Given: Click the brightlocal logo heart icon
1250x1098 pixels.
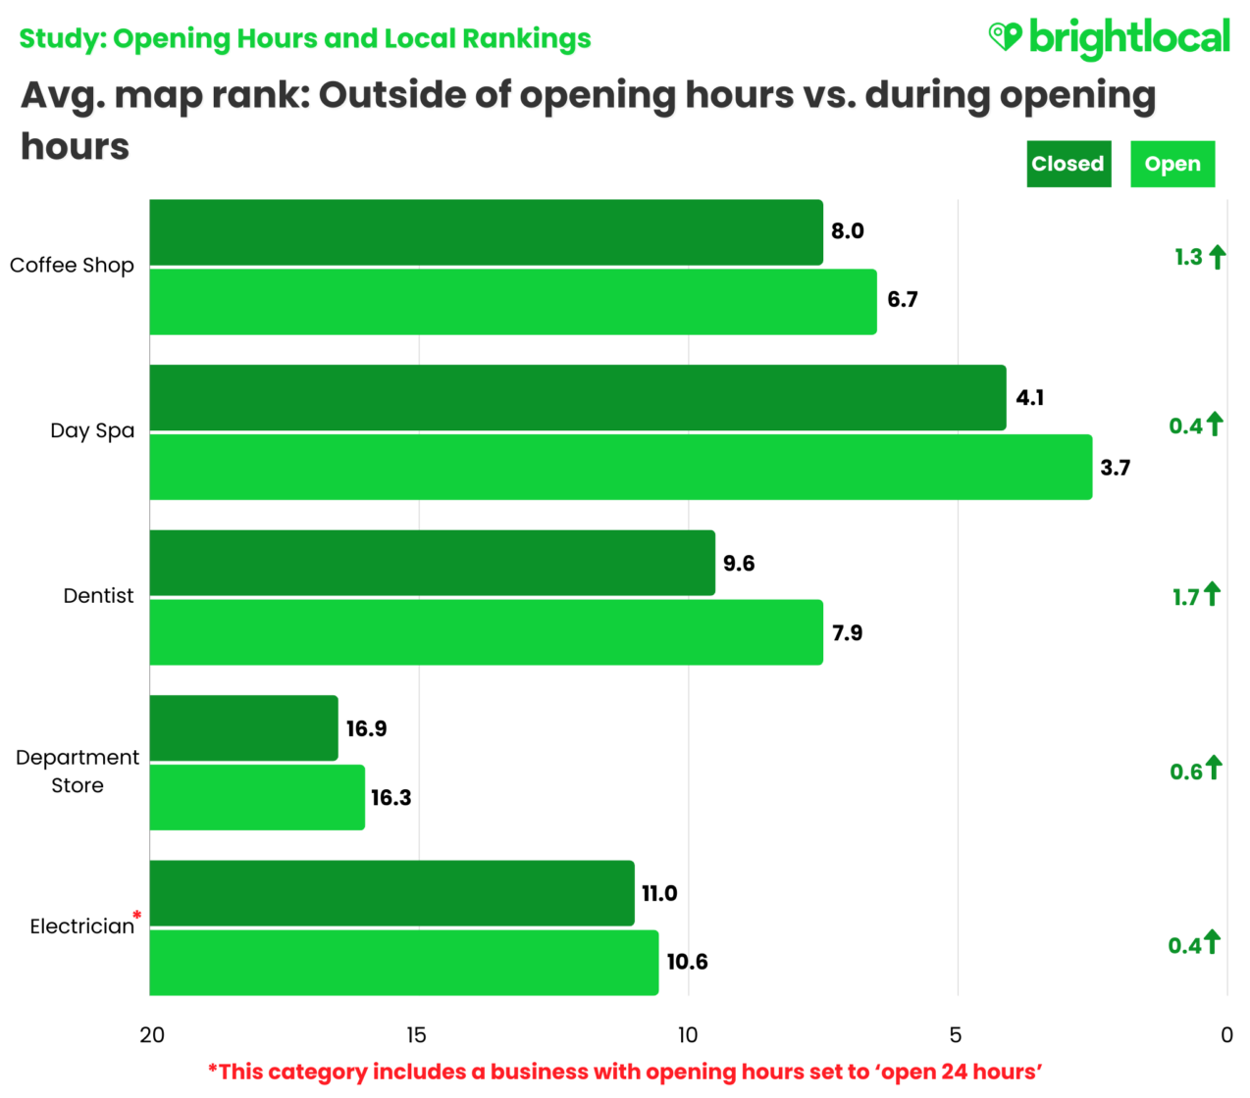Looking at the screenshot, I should [1005, 36].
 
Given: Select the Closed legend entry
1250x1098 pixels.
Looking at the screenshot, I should [1068, 164].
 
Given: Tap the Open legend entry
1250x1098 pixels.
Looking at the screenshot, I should [1172, 164].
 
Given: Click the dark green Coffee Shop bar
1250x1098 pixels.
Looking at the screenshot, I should [486, 232].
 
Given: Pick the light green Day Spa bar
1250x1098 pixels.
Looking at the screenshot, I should [620, 468].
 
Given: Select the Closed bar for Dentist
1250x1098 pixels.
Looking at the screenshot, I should [432, 563].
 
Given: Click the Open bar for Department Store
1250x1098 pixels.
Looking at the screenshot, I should [257, 798].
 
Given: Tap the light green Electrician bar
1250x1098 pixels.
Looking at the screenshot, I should [403, 963].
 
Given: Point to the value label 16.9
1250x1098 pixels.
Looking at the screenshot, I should [366, 728].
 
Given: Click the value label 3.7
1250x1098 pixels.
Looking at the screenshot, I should [1115, 468].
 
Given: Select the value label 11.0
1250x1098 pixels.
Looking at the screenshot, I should [659, 893].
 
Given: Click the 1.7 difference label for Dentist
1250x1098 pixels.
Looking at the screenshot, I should [1185, 597].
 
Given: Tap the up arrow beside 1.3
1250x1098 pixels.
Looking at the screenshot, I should [1217, 257].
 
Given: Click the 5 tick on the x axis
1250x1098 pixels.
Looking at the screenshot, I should [956, 1035].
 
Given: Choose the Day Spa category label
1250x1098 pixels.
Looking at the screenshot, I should [92, 430].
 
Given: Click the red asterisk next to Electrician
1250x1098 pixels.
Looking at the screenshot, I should [137, 916].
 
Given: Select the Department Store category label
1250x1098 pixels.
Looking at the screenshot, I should [78, 772].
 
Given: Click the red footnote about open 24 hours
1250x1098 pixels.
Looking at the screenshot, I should [625, 1072].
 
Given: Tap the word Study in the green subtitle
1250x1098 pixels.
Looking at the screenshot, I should [61, 39].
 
